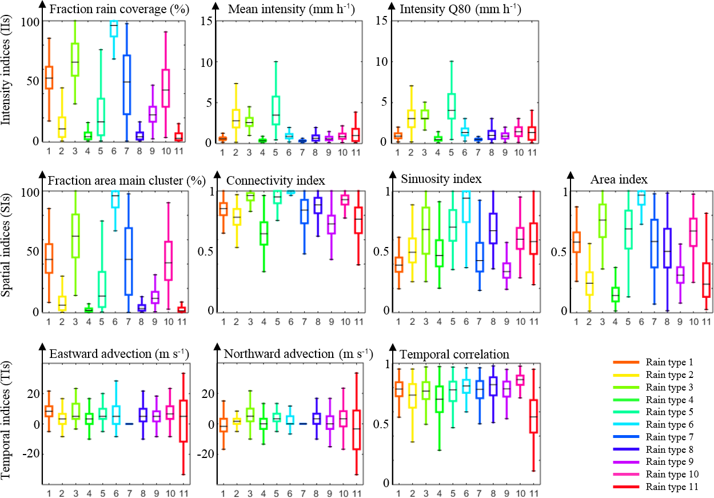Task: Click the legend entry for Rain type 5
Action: click(669, 412)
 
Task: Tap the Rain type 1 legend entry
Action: click(669, 362)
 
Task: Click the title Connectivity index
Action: click(276, 181)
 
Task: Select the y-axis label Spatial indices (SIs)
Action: click(9, 251)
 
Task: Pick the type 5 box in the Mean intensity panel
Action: click(276, 110)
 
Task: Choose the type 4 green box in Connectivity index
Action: click(263, 233)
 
